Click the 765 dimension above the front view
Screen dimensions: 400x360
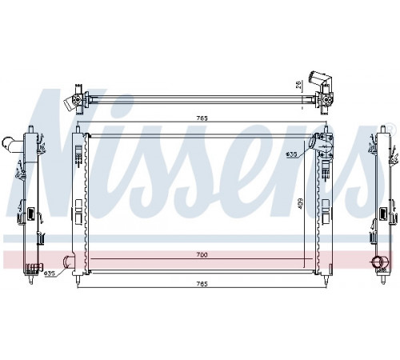click(x=202, y=118)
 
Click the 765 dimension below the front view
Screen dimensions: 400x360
click(x=202, y=284)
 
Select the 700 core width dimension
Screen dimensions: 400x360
click(x=202, y=255)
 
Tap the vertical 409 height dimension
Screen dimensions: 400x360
click(x=300, y=203)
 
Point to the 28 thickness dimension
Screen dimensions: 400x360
click(x=298, y=86)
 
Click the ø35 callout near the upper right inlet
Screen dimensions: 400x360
click(x=291, y=154)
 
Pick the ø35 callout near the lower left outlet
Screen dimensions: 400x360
click(x=50, y=274)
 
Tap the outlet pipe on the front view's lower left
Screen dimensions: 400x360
click(x=68, y=262)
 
